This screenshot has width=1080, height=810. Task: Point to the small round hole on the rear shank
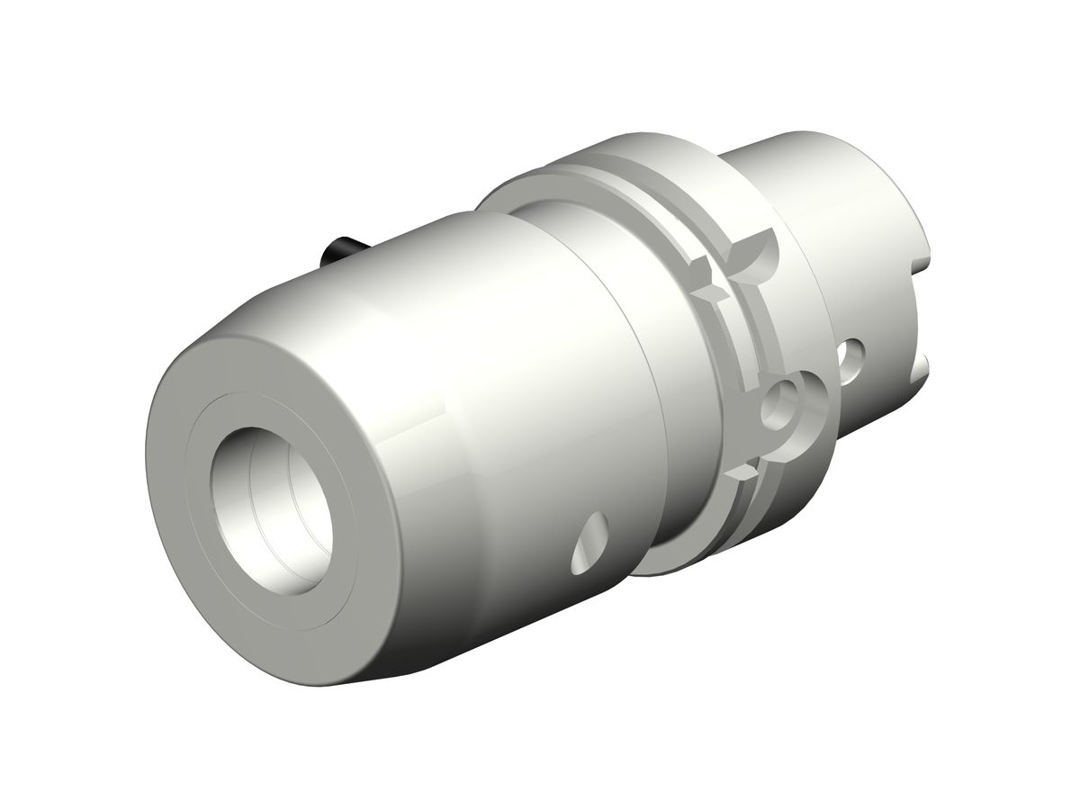coord(850,356)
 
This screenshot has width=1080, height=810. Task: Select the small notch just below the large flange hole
coord(743,471)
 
